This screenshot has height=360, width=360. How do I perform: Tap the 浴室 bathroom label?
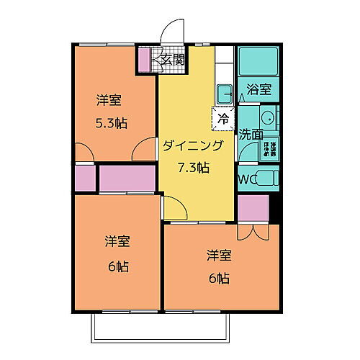[x=259, y=90]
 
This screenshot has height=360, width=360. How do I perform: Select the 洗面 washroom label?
[x=251, y=134]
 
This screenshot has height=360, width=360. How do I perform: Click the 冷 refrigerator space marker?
[x=223, y=117]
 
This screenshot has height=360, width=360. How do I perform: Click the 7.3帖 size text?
[x=194, y=168]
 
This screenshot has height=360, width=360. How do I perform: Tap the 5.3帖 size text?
[x=112, y=123]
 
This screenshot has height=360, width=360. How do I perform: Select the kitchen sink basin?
[x=223, y=93]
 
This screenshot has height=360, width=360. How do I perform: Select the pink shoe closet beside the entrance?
[x=144, y=60]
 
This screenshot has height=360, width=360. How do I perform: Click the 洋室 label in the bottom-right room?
[x=220, y=255]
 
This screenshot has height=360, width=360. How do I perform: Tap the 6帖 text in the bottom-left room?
[x=117, y=266]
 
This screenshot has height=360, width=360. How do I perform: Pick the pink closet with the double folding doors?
[x=253, y=208]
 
